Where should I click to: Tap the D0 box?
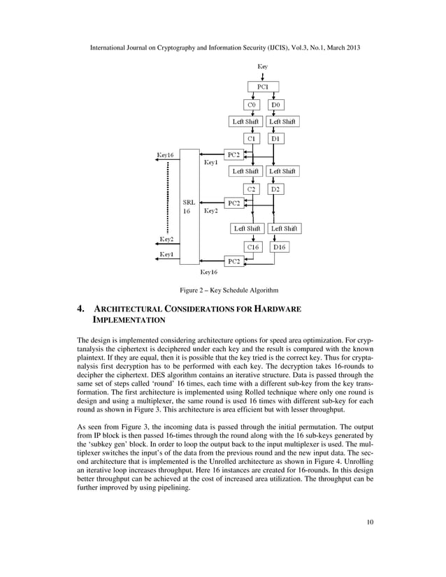pos(276,105)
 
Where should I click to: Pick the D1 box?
pos(276,138)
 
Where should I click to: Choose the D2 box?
pos(276,189)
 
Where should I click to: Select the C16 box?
pos(253,247)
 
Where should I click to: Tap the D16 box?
pos(279,247)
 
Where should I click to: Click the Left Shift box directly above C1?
pos(246,122)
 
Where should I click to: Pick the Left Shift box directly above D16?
pos(284,228)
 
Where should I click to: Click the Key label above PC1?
pos(262,66)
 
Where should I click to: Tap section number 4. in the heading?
pos(80,308)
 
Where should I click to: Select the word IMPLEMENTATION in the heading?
pos(129,321)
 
